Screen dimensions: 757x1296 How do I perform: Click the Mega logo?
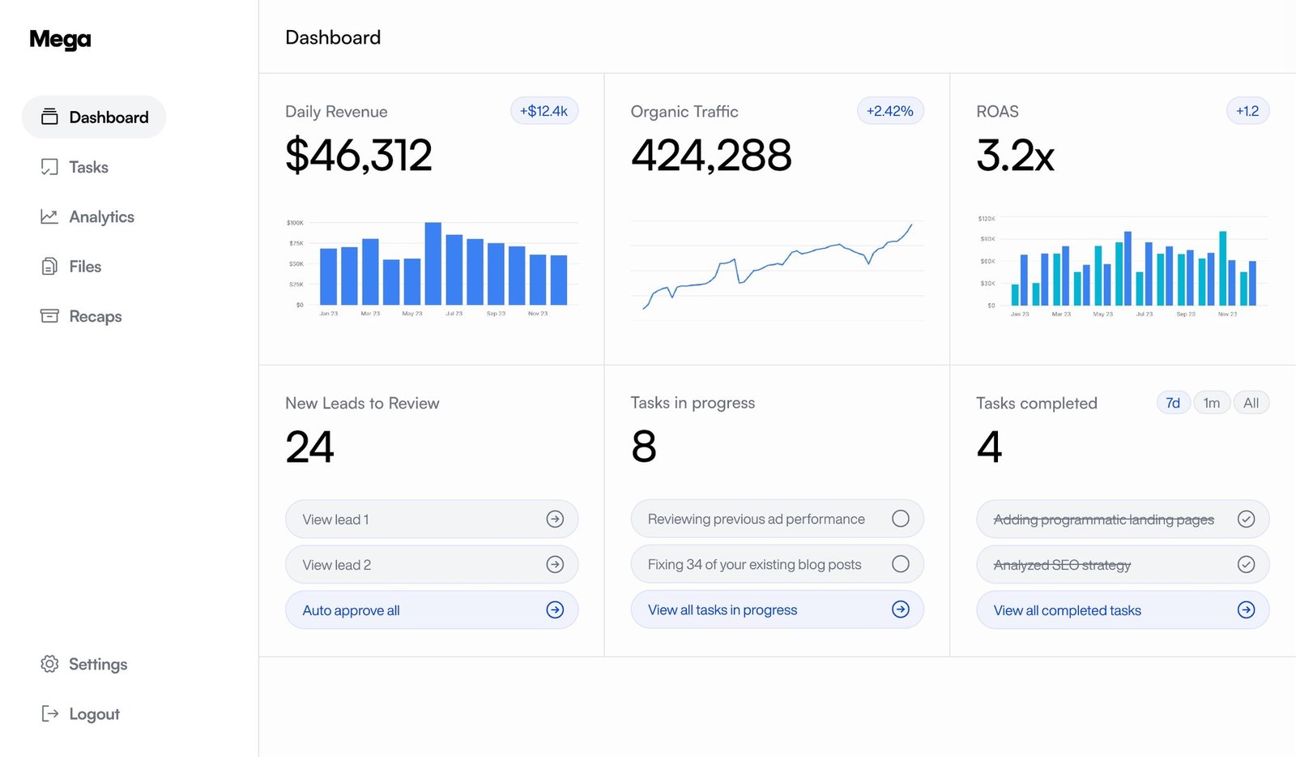point(60,40)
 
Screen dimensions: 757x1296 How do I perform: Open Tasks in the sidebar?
point(87,168)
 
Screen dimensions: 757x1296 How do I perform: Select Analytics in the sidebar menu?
point(100,217)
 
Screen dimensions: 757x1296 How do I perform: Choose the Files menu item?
point(84,267)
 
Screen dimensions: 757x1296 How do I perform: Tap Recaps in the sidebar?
point(94,317)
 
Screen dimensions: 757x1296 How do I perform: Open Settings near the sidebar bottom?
point(97,665)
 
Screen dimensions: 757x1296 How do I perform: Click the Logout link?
point(93,714)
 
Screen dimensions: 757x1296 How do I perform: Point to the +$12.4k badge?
point(544,111)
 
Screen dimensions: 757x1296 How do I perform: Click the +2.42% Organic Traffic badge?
point(889,111)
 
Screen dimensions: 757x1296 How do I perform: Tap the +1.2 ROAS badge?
point(1247,111)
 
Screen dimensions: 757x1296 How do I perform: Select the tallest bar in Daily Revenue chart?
point(433,263)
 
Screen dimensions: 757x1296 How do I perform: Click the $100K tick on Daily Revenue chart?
point(295,223)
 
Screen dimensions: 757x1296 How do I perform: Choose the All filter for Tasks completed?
point(1251,403)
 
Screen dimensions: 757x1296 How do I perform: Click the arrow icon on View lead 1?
point(555,520)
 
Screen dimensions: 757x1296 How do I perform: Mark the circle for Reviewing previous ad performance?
point(900,519)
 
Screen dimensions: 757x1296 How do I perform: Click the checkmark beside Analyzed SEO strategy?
point(1246,565)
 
